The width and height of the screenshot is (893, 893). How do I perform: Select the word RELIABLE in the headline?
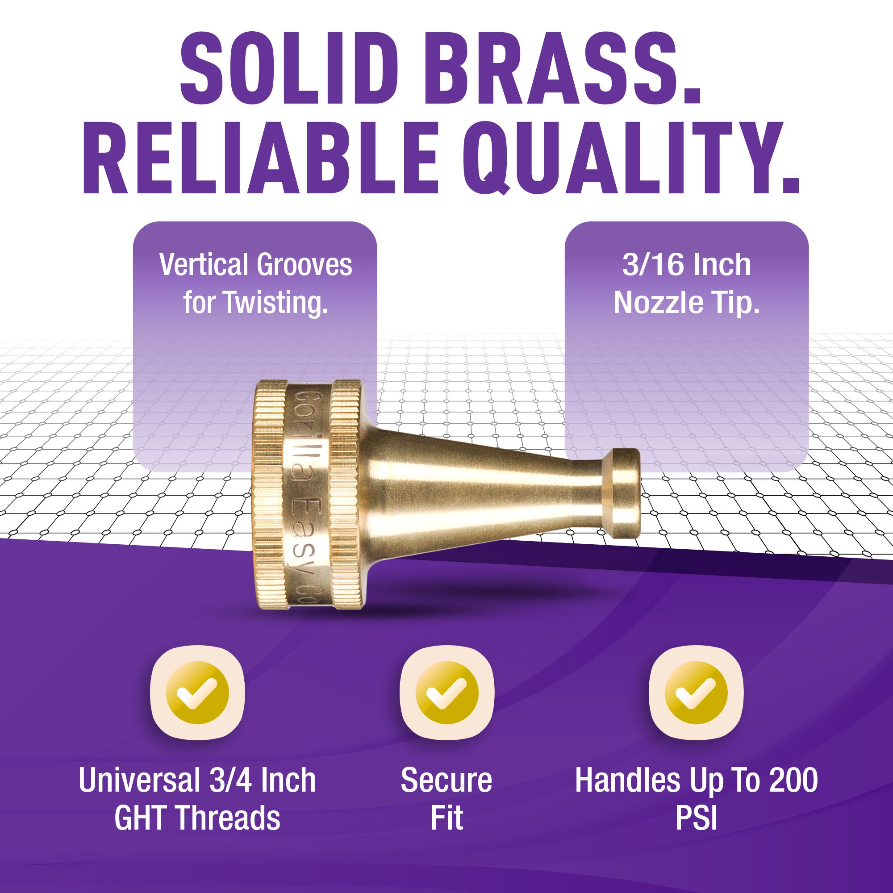point(260,158)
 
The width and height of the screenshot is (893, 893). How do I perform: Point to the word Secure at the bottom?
point(446,781)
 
